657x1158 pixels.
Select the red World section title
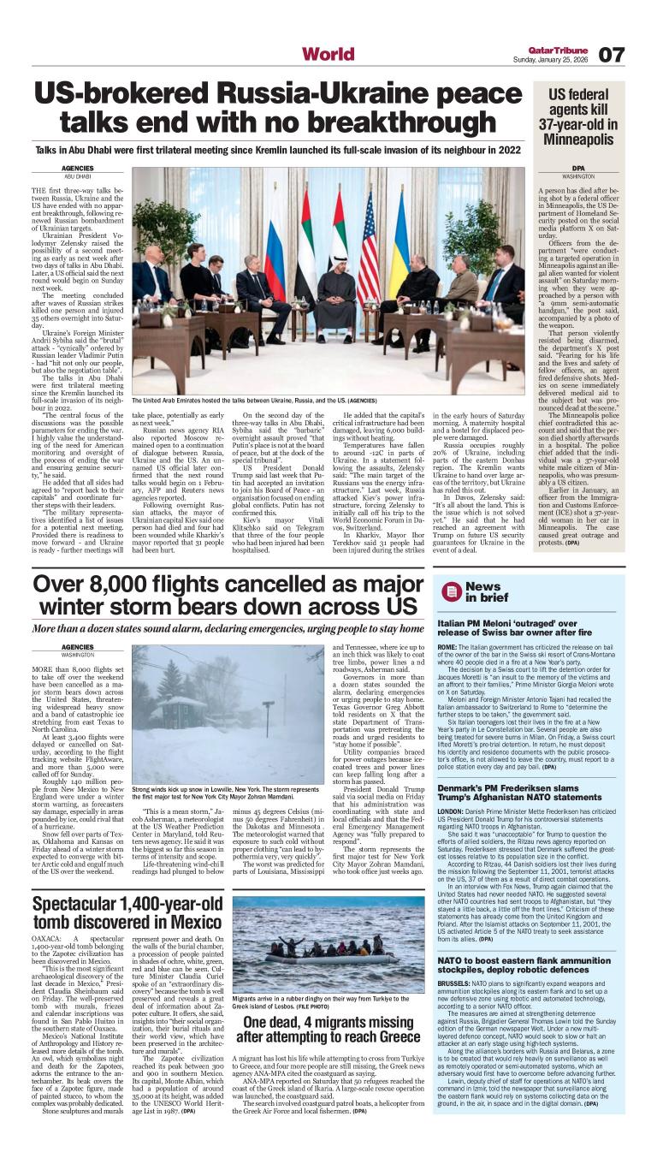tap(328, 55)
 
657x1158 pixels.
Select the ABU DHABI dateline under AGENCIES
tap(78, 176)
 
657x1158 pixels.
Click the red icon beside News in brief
tap(452, 591)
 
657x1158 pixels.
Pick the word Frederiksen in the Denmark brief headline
tap(542, 787)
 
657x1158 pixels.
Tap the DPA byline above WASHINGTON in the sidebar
tap(579, 168)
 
